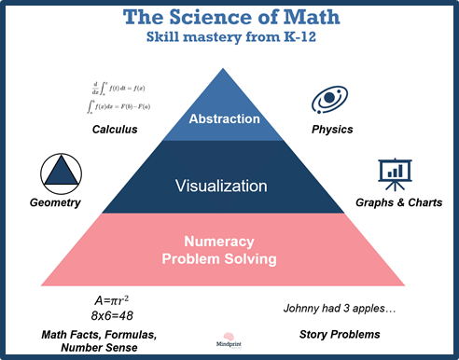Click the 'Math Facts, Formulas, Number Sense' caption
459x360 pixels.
click(93, 340)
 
